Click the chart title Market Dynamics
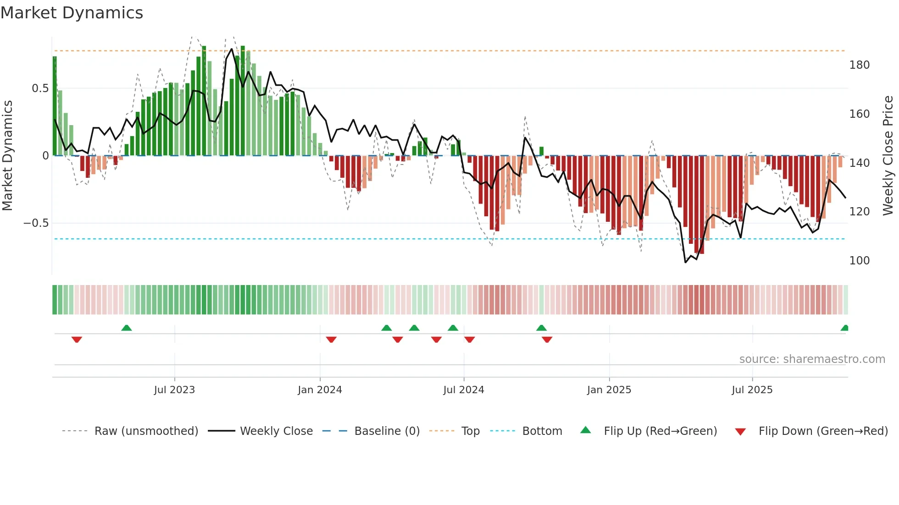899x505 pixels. pyautogui.click(x=72, y=13)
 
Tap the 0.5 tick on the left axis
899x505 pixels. pyautogui.click(x=40, y=88)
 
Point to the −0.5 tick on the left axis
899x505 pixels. pyautogui.click(x=36, y=223)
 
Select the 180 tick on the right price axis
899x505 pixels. pyautogui.click(x=859, y=65)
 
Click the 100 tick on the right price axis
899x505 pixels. pyautogui.click(x=859, y=261)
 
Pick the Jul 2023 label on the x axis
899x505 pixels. pyautogui.click(x=174, y=390)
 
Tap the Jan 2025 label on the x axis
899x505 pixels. pyautogui.click(x=609, y=390)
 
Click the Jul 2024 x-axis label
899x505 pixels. pyautogui.click(x=463, y=390)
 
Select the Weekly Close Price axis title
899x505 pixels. pyautogui.click(x=888, y=156)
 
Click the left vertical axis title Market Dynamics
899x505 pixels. pyautogui.click(x=7, y=156)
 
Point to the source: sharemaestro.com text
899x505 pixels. pyautogui.click(x=812, y=359)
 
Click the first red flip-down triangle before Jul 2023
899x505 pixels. pyautogui.click(x=77, y=340)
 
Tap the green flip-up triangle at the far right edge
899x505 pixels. pyautogui.click(x=844, y=328)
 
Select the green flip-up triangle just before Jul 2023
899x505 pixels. pyautogui.click(x=127, y=328)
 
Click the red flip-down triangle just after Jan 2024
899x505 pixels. pyautogui.click(x=331, y=340)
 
